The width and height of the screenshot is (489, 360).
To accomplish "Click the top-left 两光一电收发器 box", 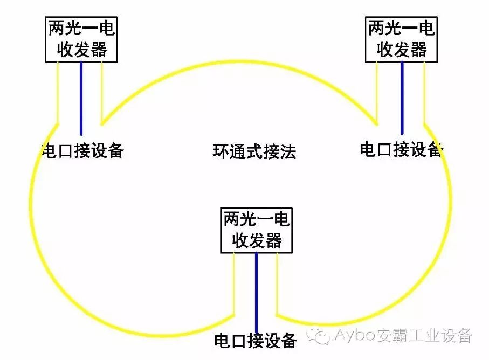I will [81, 39].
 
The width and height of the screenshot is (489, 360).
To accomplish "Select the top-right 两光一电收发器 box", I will [401, 39].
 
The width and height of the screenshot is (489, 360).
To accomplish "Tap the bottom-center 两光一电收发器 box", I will [256, 231].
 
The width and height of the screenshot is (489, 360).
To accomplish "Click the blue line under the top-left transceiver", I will [81, 97].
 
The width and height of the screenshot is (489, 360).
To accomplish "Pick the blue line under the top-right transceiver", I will [402, 97].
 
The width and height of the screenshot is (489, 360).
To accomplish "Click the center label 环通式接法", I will [254, 151].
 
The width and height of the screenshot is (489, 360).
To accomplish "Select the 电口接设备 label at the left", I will [82, 150].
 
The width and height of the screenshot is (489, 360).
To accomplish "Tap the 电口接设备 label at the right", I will [401, 149].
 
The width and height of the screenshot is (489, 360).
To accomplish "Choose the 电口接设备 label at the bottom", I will [256, 341].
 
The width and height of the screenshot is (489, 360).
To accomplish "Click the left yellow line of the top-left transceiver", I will [58, 92].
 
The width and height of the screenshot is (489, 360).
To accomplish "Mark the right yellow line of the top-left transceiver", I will [101, 89].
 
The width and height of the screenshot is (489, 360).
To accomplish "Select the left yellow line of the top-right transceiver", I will [377, 89].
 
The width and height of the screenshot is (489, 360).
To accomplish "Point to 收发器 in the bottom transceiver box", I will [257, 240].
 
